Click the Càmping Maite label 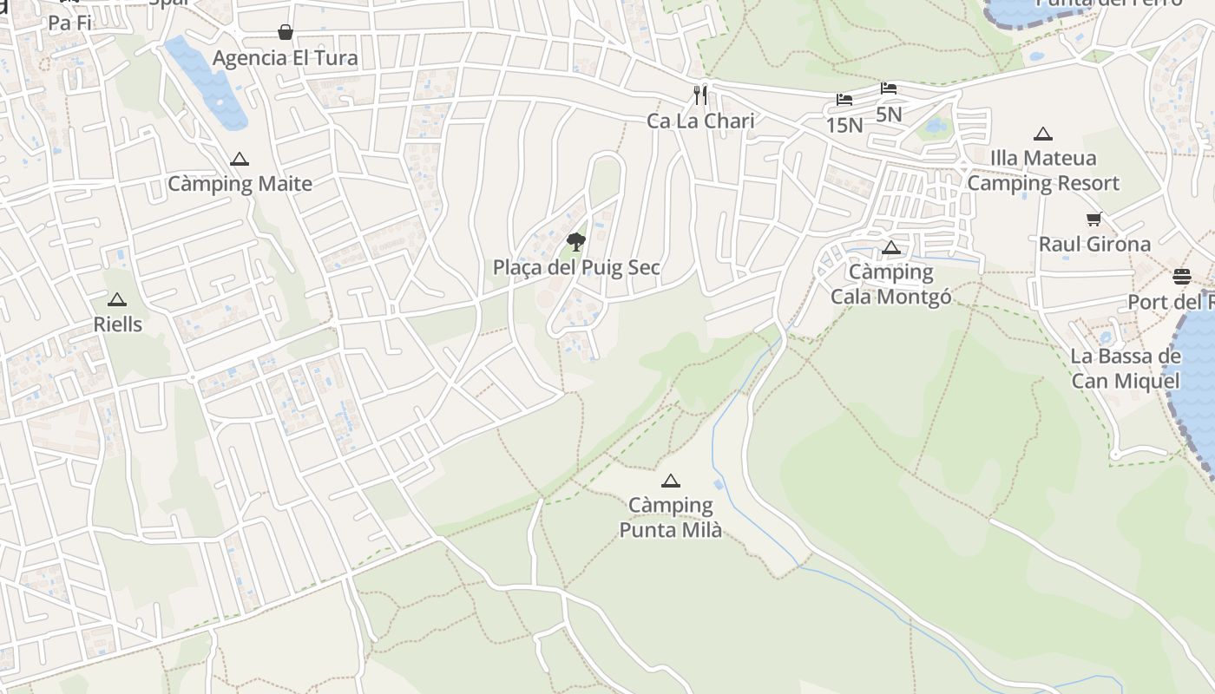240,184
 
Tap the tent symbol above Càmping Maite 240,160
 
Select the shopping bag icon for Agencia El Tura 286,33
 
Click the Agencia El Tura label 286,58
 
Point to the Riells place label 117,324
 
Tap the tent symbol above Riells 117,300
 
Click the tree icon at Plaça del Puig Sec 575,241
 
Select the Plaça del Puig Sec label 576,268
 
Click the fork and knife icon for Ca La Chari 700,95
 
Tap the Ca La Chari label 700,121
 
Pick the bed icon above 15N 844,100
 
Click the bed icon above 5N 889,88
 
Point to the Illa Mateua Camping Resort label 1043,171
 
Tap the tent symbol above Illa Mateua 1043,134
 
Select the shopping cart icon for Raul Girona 1094,219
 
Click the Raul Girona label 1094,245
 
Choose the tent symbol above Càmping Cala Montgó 891,248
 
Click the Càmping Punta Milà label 670,517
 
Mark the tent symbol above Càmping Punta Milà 670,481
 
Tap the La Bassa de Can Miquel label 1126,369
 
